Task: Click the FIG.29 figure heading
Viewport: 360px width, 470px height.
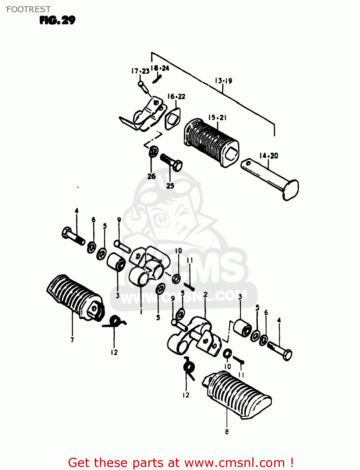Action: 57,20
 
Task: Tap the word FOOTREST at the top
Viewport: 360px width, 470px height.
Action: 28,9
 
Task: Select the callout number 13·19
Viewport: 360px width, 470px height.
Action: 223,81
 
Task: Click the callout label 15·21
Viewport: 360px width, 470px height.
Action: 217,118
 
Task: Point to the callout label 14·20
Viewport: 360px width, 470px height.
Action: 269,156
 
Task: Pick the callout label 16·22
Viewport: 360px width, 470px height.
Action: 176,97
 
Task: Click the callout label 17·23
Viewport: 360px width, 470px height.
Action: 140,71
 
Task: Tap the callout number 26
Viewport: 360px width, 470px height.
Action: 152,176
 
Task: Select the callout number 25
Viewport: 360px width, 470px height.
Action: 170,186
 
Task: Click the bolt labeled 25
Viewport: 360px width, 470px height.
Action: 172,162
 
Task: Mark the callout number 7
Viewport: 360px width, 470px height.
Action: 72,340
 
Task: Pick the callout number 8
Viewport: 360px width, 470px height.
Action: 227,432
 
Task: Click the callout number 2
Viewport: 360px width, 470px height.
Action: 205,295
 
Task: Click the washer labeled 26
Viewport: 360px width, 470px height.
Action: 153,151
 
